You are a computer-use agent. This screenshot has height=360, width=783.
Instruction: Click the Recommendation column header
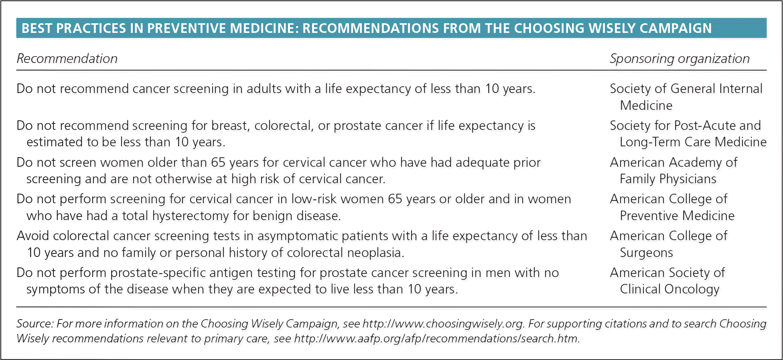(67, 59)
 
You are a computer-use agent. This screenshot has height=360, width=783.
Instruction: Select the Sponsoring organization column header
(680, 59)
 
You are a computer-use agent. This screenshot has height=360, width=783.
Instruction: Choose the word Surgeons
(646, 253)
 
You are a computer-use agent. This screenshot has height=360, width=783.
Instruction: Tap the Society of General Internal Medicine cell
(686, 97)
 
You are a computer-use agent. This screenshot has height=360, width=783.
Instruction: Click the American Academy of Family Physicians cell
(673, 170)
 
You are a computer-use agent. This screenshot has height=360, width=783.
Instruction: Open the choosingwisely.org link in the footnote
(443, 324)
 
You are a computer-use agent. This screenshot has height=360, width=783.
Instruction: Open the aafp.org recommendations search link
(436, 339)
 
